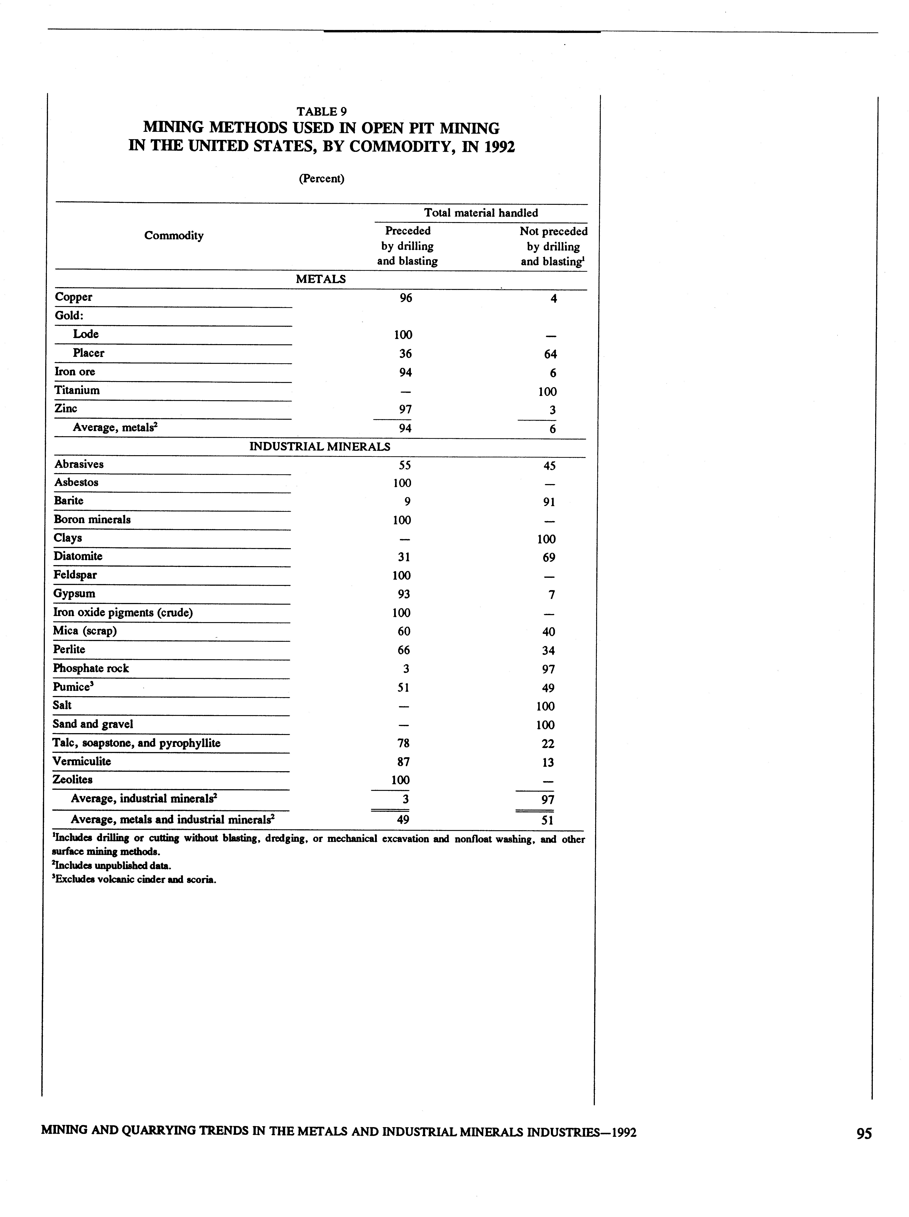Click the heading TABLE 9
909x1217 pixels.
point(321,111)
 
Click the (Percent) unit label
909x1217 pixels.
point(321,179)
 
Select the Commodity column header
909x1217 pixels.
point(174,235)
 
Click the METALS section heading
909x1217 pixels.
point(321,279)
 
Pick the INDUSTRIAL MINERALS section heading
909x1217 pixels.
point(320,446)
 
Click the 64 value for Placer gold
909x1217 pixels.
point(550,354)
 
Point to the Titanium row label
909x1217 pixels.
point(77,390)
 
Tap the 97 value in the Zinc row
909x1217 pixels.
point(406,409)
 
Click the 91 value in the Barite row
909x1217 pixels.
point(549,502)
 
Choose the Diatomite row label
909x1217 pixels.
point(78,556)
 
